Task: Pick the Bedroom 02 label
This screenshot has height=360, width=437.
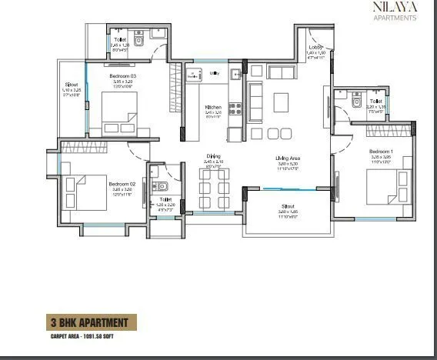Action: (122, 184)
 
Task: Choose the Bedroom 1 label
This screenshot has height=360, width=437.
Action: (380, 152)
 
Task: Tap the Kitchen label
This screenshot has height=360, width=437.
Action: (213, 107)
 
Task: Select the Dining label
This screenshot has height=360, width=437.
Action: (213, 157)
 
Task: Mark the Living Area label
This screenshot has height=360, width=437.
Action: (289, 158)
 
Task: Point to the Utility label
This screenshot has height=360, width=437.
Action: (215, 73)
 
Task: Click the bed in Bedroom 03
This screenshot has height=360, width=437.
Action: (119, 114)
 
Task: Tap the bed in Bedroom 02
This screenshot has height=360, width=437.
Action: (85, 192)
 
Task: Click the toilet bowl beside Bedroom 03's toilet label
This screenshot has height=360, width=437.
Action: (139, 41)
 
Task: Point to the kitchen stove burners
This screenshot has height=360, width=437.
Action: (234, 109)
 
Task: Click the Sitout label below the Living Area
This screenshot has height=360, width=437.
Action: (289, 207)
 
